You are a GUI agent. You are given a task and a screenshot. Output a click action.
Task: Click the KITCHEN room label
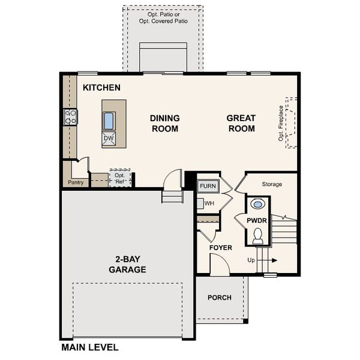[101, 88]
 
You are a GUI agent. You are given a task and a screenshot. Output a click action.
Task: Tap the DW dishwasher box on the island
[109, 139]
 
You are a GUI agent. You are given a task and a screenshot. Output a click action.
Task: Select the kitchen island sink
[109, 121]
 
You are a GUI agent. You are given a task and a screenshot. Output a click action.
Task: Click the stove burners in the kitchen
[70, 116]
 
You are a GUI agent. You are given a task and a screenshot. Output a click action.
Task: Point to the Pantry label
[76, 182]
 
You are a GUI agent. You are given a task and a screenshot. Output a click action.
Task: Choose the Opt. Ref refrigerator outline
[119, 178]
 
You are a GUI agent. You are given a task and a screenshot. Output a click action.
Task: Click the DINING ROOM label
[164, 123]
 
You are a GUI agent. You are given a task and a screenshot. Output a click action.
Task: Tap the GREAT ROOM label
[241, 123]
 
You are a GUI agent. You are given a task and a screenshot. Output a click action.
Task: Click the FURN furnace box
[208, 186]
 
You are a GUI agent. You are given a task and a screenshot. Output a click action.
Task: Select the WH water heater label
[209, 203]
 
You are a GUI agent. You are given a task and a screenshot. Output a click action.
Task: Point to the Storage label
[271, 184]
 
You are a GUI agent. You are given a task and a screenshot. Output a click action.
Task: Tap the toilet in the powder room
[257, 236]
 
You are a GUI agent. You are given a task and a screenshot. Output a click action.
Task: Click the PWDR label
[257, 221]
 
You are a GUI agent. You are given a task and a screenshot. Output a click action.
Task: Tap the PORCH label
[220, 298]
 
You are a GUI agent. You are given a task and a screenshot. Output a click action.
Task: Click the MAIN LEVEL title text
[89, 347]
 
